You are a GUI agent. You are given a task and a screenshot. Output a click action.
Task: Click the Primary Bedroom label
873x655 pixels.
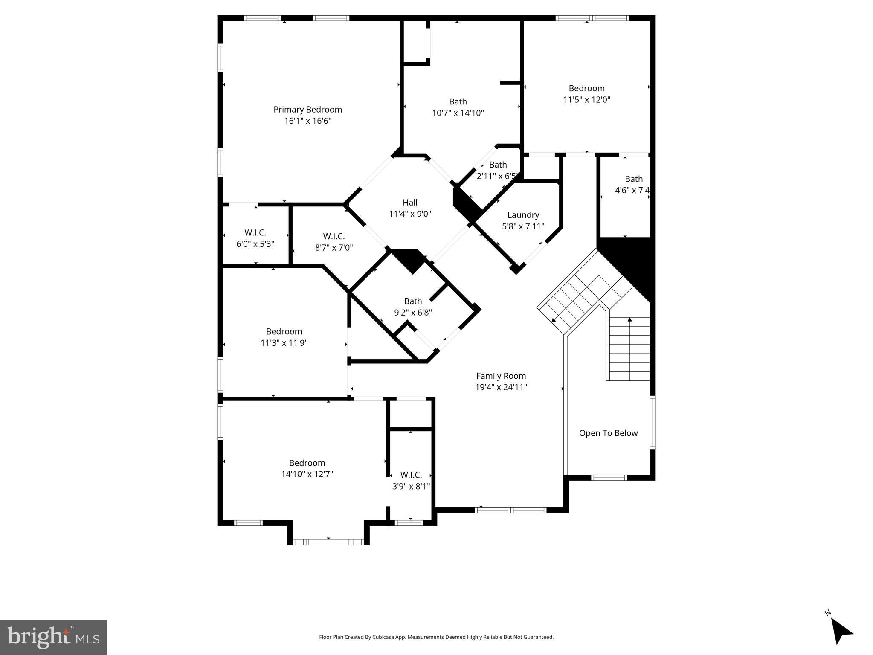tap(307, 110)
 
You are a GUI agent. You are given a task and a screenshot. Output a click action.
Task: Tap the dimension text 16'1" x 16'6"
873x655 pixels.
tap(307, 121)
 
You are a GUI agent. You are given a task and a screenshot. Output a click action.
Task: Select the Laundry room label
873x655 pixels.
tap(523, 215)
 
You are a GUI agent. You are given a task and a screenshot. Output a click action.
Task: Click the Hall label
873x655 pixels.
tap(410, 203)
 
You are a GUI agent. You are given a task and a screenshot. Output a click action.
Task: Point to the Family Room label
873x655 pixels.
tap(501, 376)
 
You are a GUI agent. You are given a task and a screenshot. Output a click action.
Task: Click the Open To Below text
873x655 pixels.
tap(608, 433)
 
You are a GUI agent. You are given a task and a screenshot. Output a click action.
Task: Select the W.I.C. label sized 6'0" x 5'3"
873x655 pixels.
tap(255, 233)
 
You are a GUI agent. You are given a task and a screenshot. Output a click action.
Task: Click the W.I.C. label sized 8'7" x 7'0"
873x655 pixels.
tap(334, 236)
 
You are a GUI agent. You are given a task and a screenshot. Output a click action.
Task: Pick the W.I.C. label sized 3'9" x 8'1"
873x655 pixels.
tap(411, 475)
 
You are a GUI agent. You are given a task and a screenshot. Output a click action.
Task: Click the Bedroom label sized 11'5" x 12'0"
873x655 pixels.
tap(586, 88)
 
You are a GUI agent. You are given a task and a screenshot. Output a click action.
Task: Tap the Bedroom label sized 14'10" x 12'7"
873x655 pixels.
tap(307, 463)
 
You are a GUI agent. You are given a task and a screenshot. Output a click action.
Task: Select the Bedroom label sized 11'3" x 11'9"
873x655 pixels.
tap(284, 332)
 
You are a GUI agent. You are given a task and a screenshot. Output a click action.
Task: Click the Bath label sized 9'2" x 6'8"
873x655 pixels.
tap(412, 301)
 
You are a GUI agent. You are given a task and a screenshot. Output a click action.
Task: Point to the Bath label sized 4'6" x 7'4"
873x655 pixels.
tap(633, 179)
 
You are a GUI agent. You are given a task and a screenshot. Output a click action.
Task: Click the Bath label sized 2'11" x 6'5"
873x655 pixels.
tap(498, 165)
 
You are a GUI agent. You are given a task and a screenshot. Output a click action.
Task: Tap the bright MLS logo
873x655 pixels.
tap(53, 638)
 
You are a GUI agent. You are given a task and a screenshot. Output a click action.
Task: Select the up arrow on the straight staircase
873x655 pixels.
tap(629, 320)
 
